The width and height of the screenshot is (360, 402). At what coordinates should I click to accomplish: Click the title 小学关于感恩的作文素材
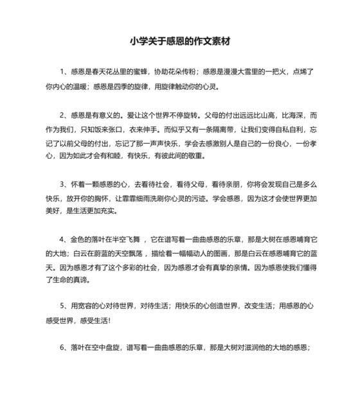tap(179, 40)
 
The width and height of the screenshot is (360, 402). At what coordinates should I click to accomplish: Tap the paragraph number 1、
tap(64, 71)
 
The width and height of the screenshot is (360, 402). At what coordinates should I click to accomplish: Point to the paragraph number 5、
tap(64, 308)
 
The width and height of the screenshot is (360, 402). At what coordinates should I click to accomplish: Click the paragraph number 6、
tap(64, 348)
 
